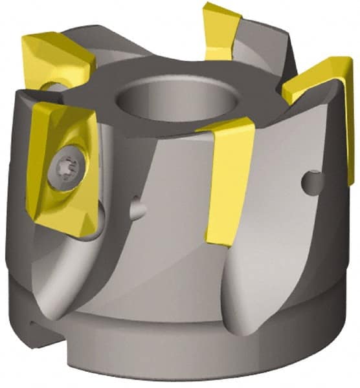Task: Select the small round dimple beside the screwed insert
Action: [x=137, y=208]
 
